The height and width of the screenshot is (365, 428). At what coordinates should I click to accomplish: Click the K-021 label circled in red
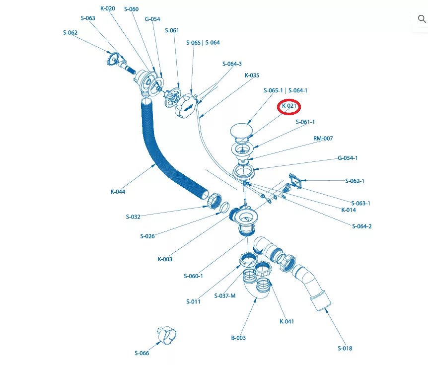[x=289, y=106]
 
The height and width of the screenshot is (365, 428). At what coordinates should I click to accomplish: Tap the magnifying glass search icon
[x=422, y=19]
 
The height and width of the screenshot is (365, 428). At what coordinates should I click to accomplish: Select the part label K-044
[x=118, y=192]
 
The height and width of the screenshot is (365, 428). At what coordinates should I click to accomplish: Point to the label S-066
[x=142, y=353]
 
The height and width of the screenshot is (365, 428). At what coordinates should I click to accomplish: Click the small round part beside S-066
[x=166, y=335]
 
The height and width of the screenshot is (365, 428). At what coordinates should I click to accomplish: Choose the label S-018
[x=345, y=348]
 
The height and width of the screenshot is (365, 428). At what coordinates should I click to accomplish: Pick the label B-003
[x=238, y=338]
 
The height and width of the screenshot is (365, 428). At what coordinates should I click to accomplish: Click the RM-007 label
[x=323, y=139]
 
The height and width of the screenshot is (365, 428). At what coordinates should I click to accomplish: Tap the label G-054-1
[x=348, y=158]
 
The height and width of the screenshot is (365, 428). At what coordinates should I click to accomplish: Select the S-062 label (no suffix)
[x=70, y=33]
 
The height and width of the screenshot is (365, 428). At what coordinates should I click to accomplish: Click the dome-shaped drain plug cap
[x=241, y=131]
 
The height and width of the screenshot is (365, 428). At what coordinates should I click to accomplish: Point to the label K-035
[x=252, y=75]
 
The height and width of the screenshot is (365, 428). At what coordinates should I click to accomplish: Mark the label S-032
[x=133, y=217]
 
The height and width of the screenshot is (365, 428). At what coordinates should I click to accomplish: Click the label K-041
[x=287, y=322]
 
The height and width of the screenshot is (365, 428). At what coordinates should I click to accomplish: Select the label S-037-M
[x=225, y=296]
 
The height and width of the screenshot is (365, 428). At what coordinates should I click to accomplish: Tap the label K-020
[x=108, y=8]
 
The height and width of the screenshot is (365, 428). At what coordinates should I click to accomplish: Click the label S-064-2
[x=362, y=226]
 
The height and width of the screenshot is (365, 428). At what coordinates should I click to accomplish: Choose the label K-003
[x=165, y=259]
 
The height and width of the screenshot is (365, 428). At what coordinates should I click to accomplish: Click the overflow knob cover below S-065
[x=186, y=106]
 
